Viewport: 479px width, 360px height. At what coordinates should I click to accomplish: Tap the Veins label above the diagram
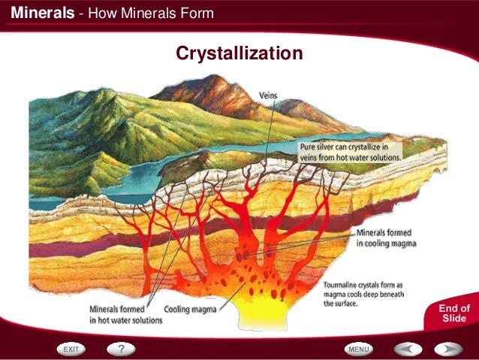[269, 95]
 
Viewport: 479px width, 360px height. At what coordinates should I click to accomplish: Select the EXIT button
[71, 349]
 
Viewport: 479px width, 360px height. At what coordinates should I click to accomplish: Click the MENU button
[358, 349]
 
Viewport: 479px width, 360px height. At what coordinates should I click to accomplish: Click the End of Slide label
[454, 313]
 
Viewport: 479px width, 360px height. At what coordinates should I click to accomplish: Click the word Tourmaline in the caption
[345, 286]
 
